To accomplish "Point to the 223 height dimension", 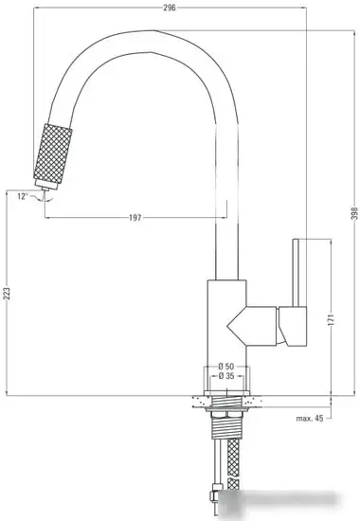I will point(8,295).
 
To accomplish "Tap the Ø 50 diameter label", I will point(225,367).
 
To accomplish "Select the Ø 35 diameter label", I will point(225,377).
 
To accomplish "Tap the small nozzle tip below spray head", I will point(43,195).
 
